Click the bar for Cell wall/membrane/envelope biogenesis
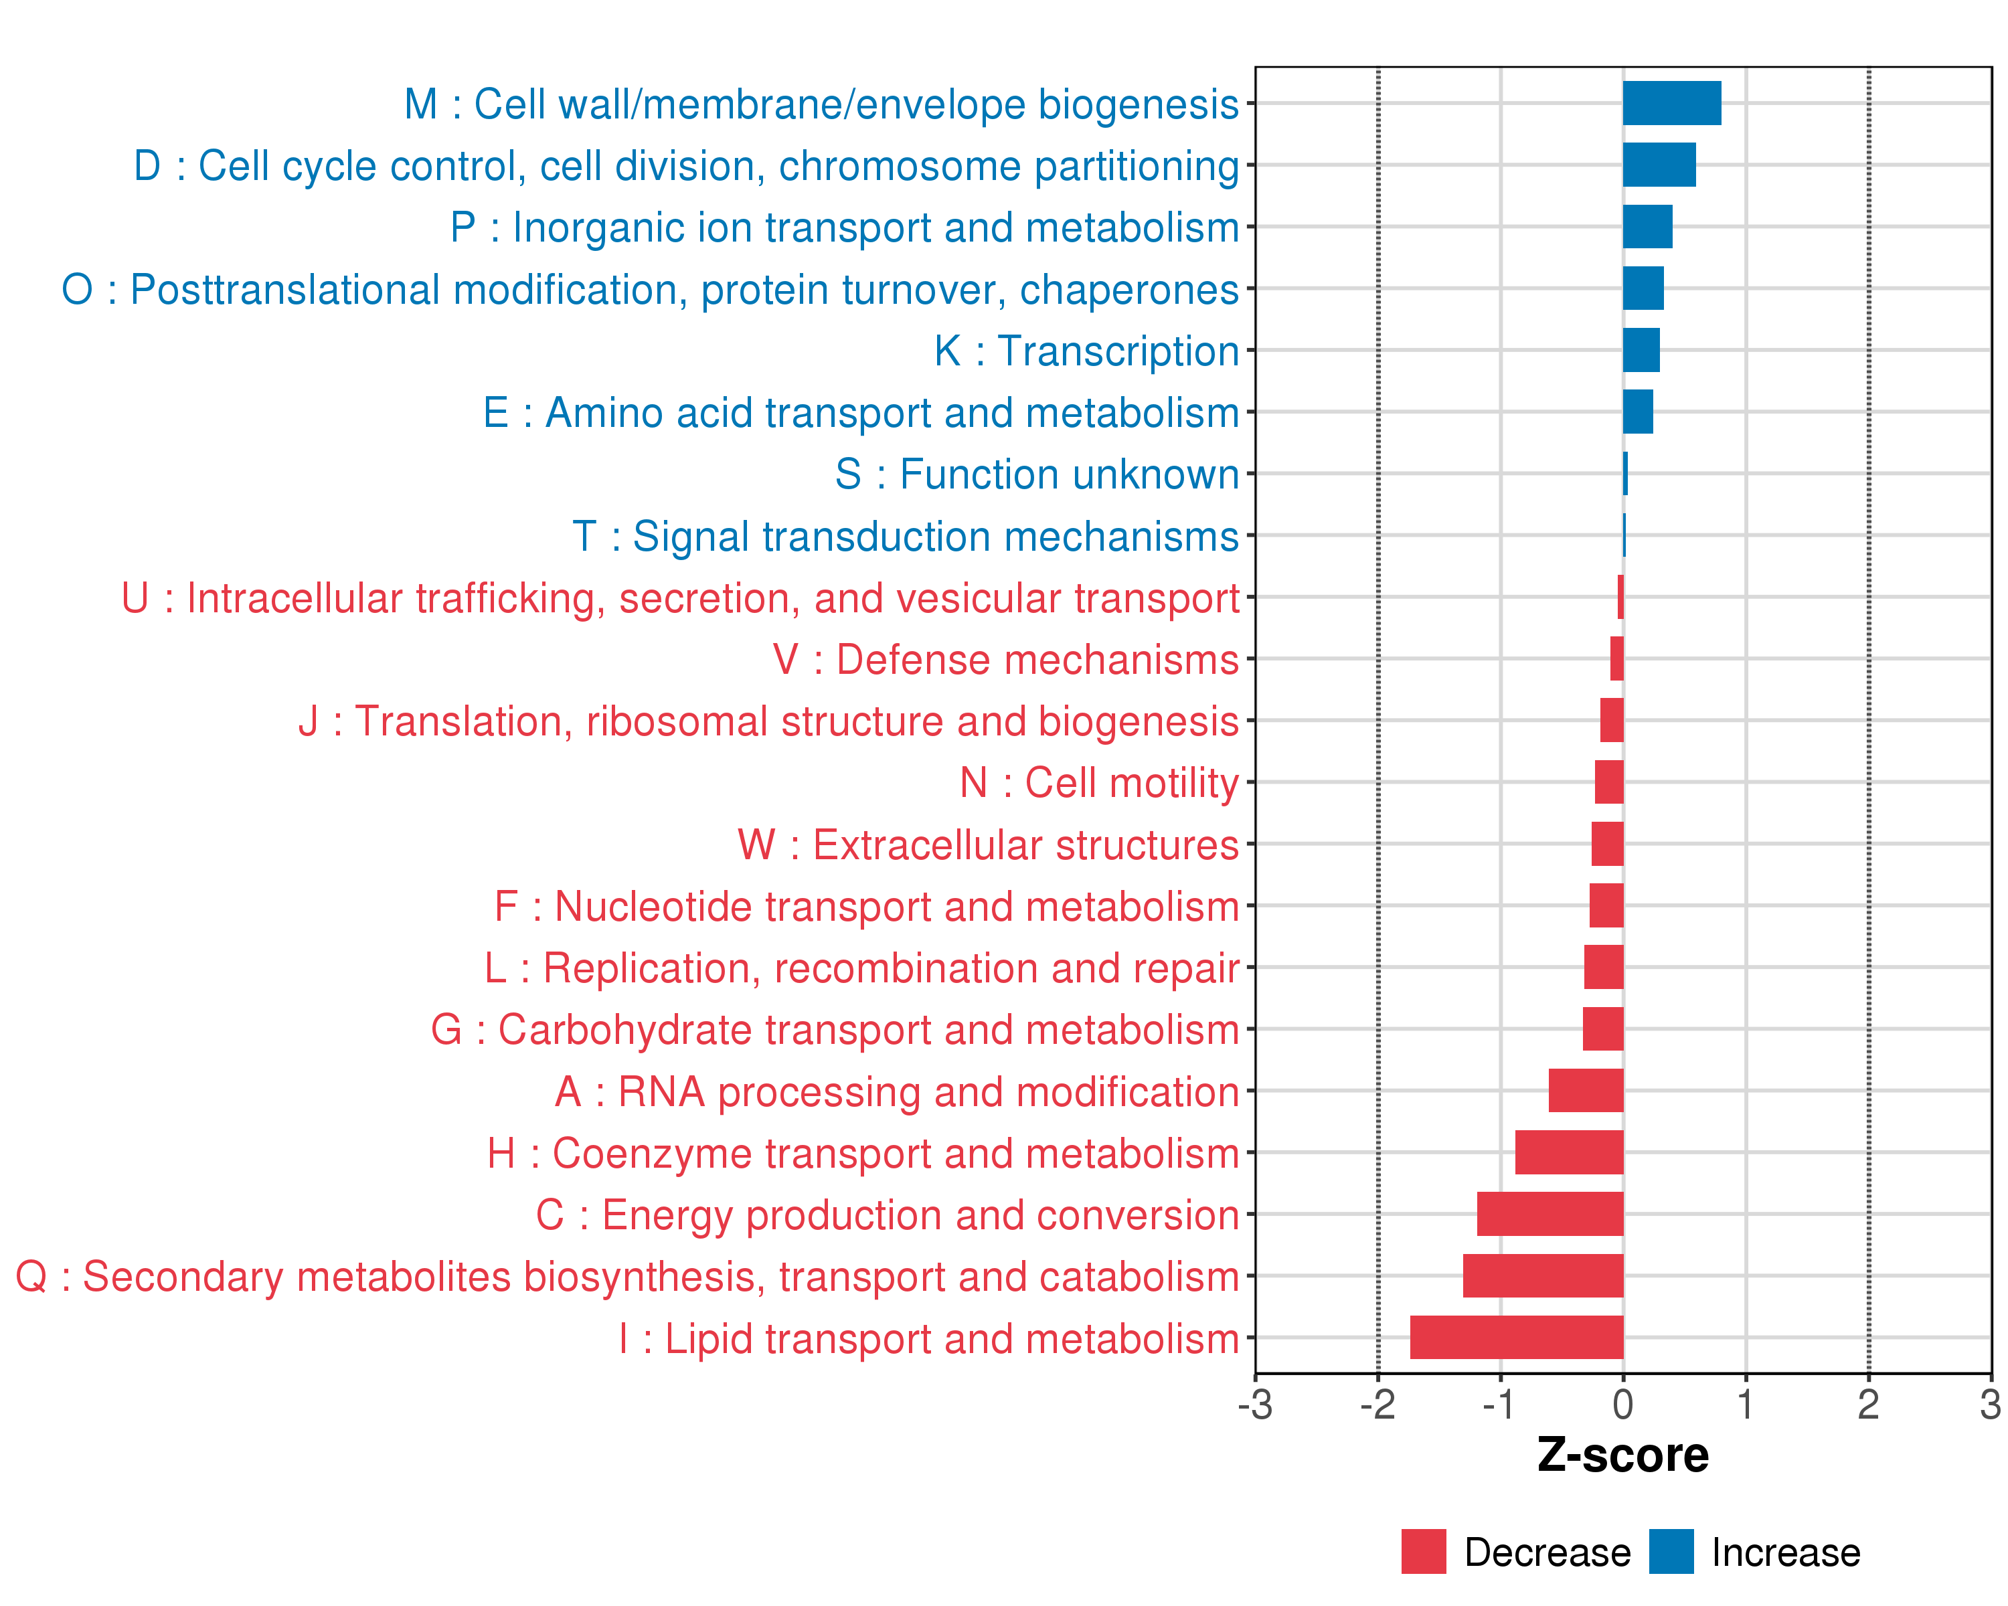click(1672, 103)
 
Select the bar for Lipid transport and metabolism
click(1516, 1337)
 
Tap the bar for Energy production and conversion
click(1550, 1214)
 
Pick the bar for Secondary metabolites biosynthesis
click(1543, 1275)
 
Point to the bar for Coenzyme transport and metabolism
click(1570, 1152)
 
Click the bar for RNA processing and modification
click(1586, 1090)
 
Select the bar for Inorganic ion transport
click(1648, 226)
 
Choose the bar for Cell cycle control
click(1659, 165)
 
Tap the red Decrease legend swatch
click(1423, 1551)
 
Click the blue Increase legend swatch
click(1671, 1551)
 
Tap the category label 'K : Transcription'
click(1087, 351)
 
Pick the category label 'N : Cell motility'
click(1099, 783)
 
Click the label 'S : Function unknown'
click(1037, 474)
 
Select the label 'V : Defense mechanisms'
click(1006, 659)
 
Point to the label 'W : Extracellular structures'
click(988, 844)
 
